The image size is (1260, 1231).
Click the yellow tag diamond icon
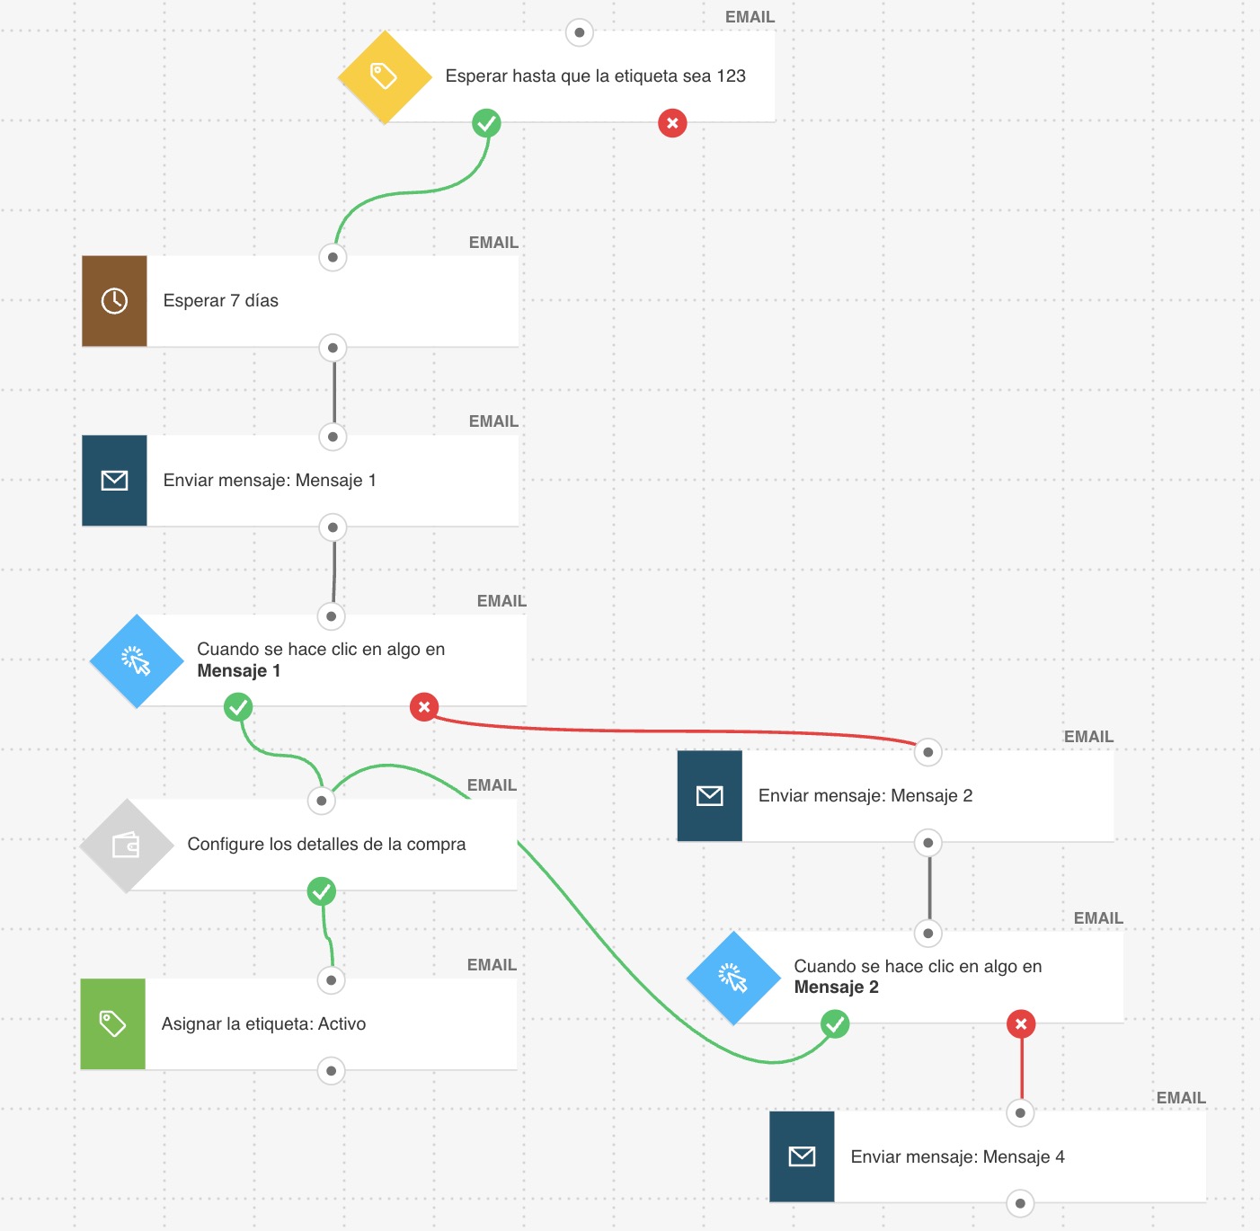click(385, 76)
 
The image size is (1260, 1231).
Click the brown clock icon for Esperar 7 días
click(114, 301)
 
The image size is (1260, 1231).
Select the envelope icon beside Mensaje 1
click(114, 480)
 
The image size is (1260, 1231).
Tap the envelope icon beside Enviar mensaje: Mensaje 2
click(710, 795)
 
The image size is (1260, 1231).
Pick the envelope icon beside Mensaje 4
click(802, 1156)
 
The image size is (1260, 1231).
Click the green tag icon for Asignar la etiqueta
click(112, 1024)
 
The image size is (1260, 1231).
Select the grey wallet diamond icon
click(127, 846)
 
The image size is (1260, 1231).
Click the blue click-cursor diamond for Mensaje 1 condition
click(137, 660)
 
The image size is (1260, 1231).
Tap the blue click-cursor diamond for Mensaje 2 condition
click(733, 978)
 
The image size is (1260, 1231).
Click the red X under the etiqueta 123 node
click(672, 122)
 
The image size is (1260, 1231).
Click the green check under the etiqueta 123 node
click(486, 122)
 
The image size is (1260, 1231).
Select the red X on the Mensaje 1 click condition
click(424, 707)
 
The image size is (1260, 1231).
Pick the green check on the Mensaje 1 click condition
click(238, 707)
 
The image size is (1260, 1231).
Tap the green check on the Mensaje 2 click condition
click(835, 1024)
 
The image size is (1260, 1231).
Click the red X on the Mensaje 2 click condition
click(1021, 1024)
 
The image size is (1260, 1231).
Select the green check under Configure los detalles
click(321, 891)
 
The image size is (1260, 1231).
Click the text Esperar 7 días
click(221, 301)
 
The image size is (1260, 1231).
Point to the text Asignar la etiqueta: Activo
click(263, 1024)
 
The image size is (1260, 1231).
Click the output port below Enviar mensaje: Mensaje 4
click(1020, 1203)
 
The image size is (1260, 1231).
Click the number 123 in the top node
click(731, 75)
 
